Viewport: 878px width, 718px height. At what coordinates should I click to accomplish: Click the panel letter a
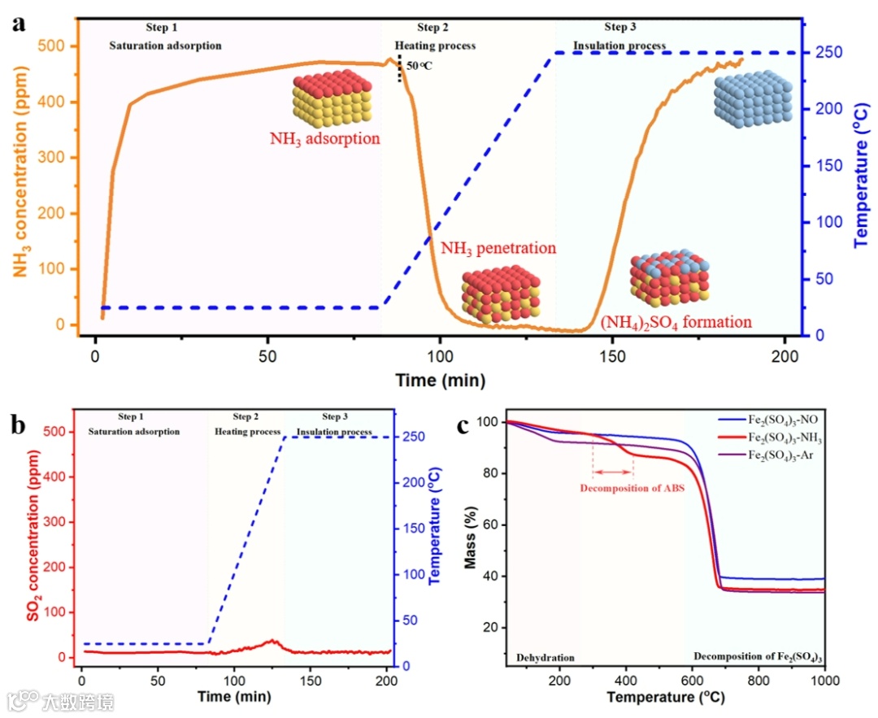(18, 22)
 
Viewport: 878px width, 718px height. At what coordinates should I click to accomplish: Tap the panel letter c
(464, 425)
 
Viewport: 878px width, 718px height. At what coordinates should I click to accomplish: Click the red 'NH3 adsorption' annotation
(325, 138)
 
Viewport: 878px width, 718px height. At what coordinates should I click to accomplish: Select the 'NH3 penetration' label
(498, 248)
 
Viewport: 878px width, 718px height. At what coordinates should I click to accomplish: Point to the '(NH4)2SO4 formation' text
(676, 323)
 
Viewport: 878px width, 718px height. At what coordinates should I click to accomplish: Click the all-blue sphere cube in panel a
(753, 97)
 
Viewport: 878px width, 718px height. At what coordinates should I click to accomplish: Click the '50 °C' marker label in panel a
(419, 65)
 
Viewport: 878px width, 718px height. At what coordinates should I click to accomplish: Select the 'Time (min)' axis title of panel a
(440, 380)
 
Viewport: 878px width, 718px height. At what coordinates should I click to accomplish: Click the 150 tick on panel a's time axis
(612, 355)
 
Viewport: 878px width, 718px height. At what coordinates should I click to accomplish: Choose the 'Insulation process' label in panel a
(619, 46)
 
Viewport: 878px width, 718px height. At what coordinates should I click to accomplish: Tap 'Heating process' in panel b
(247, 432)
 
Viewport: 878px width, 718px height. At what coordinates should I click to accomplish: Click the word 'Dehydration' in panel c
(545, 658)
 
